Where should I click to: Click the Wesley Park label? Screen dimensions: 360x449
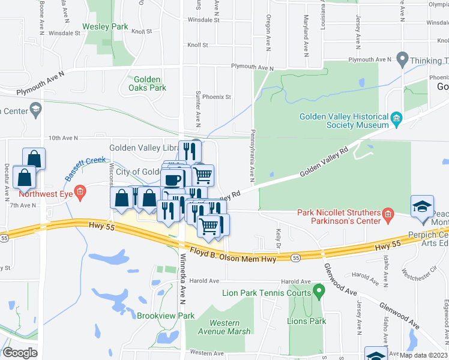(105, 26)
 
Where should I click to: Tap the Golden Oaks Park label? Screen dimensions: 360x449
(146, 83)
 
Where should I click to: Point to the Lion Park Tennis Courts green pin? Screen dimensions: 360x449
(319, 293)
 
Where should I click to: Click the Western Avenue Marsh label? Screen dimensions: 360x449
(225, 327)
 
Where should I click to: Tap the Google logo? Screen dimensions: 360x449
(20, 353)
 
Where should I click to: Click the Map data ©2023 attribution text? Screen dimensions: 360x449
(423, 355)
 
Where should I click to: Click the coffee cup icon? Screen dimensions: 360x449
(173, 179)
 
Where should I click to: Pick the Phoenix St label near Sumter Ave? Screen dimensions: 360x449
(217, 97)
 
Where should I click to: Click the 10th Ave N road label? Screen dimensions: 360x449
(63, 139)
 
